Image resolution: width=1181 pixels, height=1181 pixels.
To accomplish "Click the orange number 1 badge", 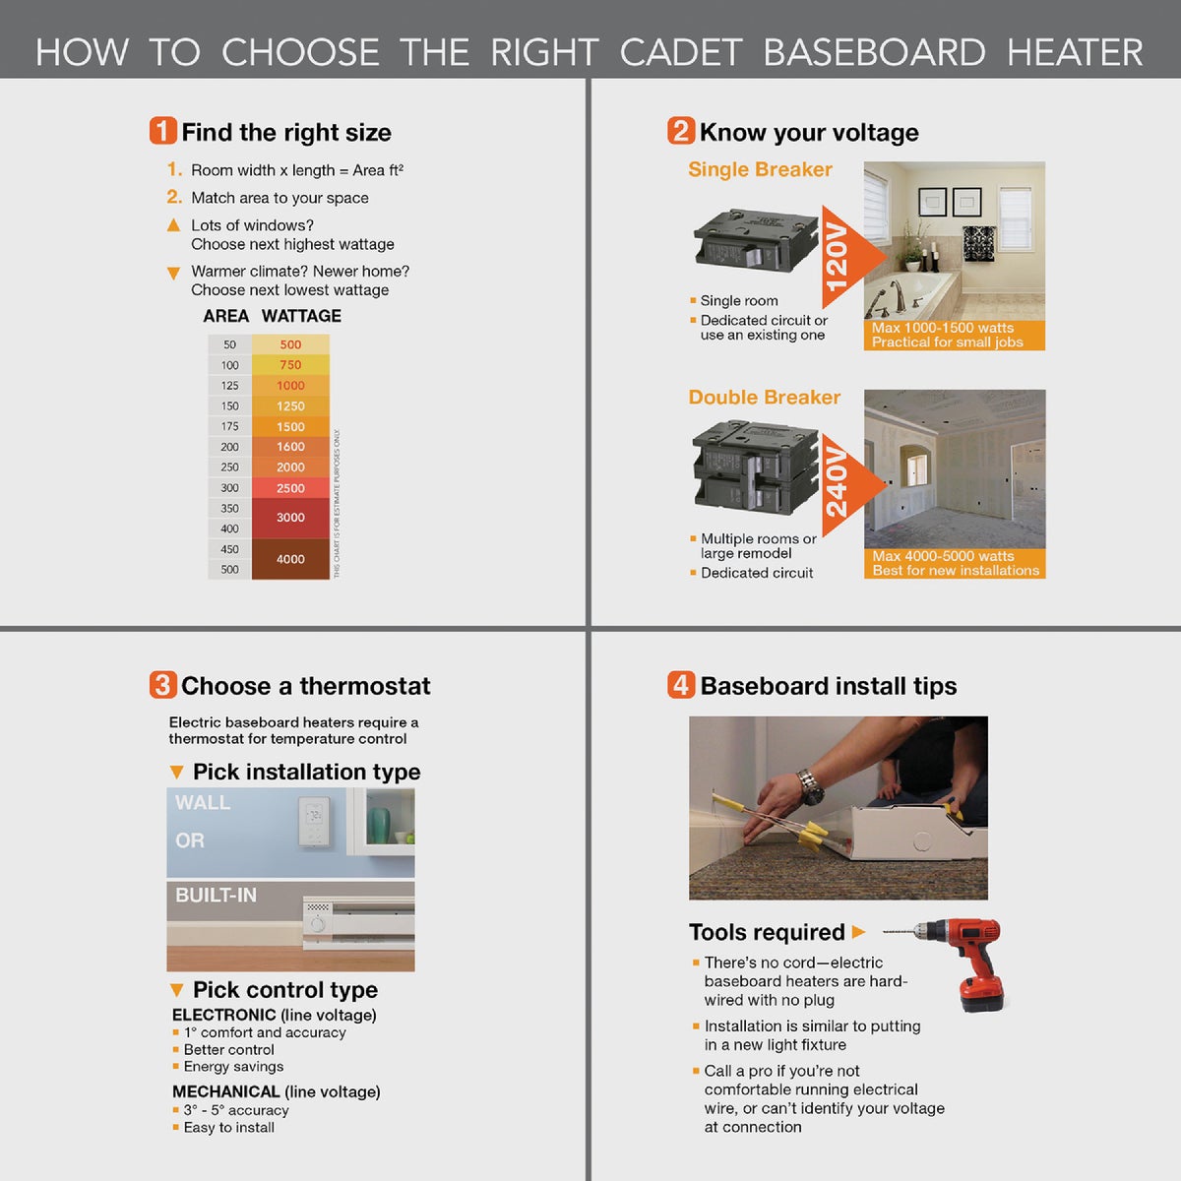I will (162, 131).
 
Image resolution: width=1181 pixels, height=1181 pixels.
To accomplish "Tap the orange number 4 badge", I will (681, 685).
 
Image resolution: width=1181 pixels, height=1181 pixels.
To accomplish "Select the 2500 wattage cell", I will (290, 488).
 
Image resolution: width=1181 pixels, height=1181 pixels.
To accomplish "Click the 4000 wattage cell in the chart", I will (290, 559).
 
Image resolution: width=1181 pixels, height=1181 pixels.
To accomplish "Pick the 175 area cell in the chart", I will (229, 426).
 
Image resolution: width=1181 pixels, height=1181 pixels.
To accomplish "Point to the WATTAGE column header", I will (301, 316).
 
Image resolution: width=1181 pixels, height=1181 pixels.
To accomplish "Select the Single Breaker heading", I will (760, 169).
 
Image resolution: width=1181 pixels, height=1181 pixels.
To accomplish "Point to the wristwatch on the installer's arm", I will (810, 786).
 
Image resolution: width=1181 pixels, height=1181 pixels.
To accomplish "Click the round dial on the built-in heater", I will (317, 924).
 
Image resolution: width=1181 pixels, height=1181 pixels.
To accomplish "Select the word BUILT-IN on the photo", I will (216, 896).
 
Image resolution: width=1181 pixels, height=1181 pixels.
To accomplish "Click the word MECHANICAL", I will (225, 1091).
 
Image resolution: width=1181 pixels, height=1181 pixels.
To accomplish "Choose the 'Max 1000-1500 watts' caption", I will (942, 328).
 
